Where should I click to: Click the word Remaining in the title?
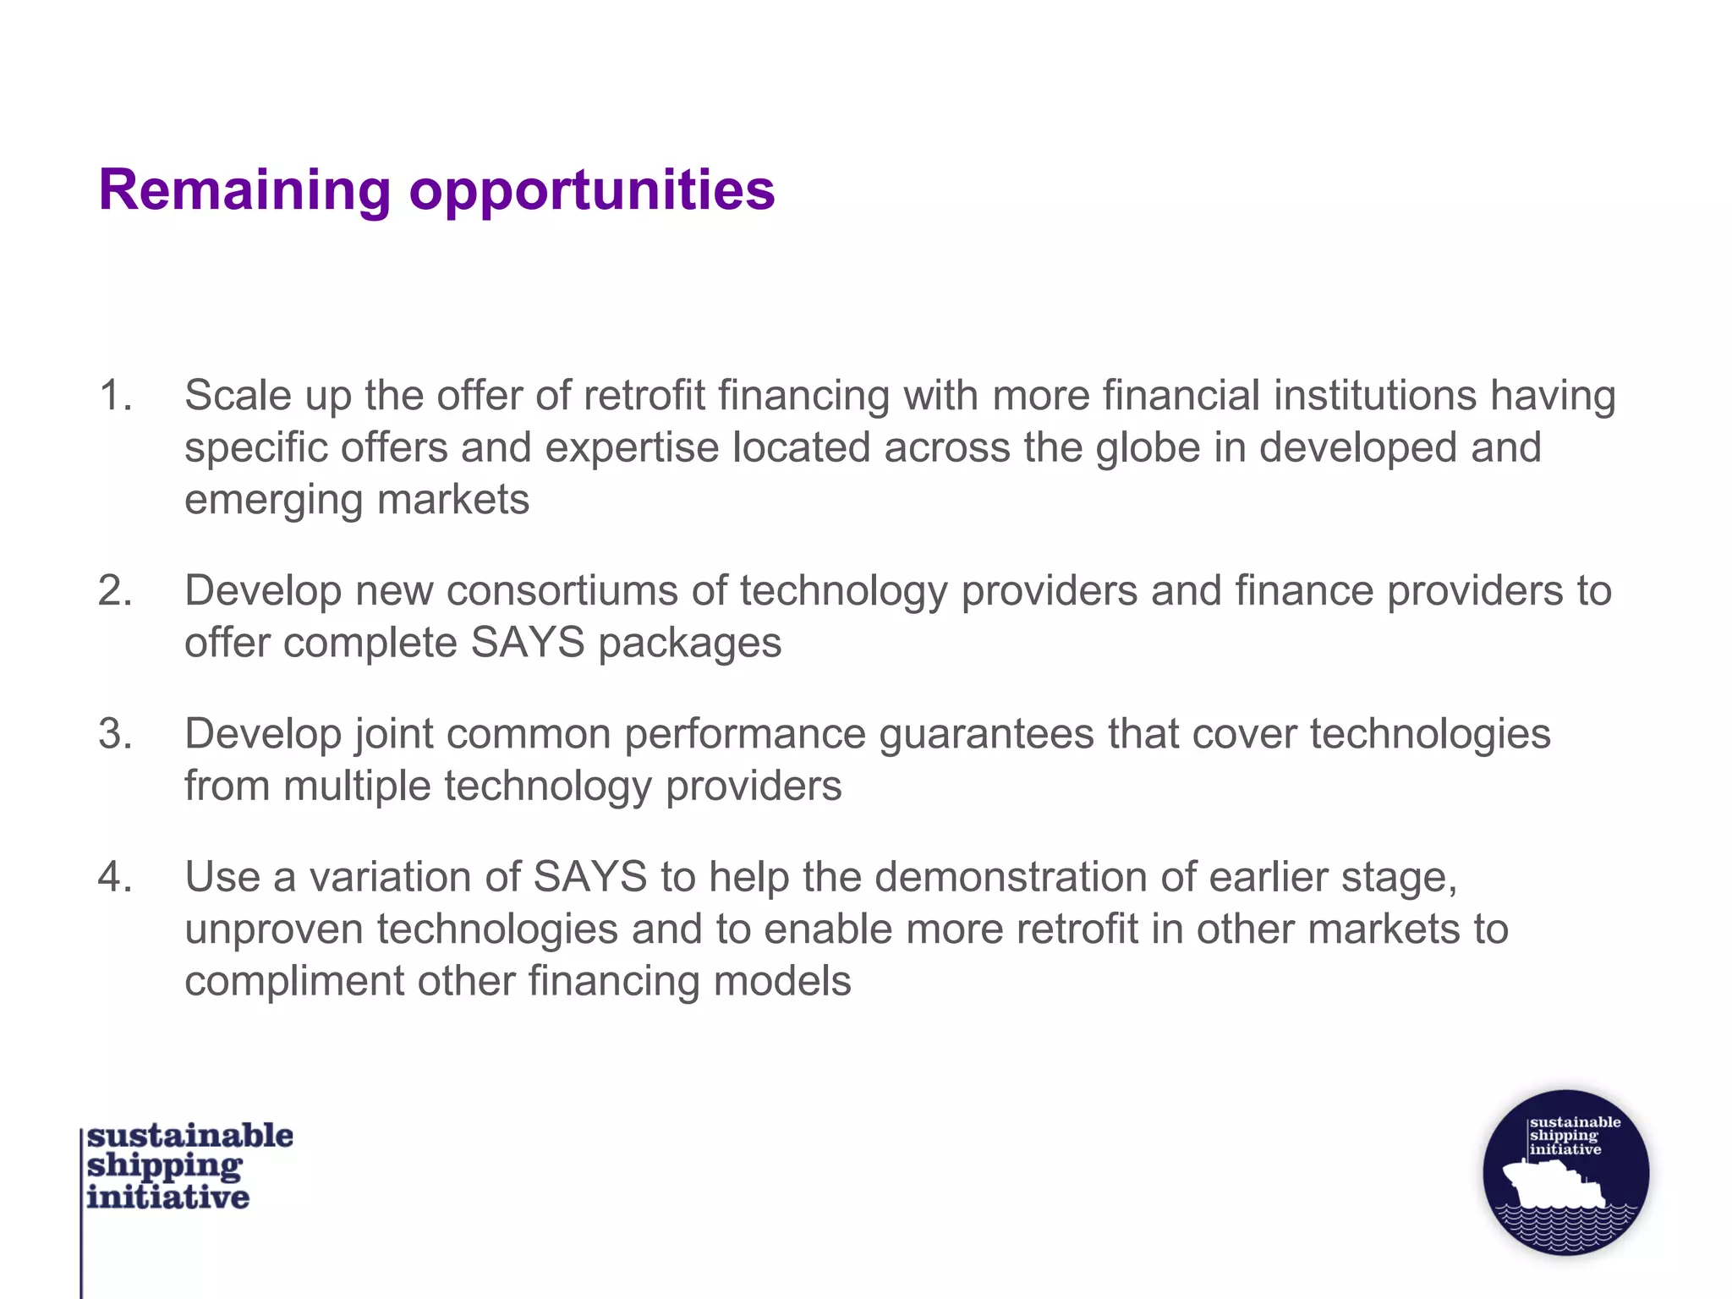click(x=244, y=189)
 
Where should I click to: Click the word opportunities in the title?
click(x=592, y=191)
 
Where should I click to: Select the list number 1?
click(x=115, y=395)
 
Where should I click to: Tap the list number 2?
click(x=115, y=590)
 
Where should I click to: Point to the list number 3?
click(x=115, y=733)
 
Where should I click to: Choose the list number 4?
click(x=115, y=876)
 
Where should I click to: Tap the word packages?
click(x=690, y=643)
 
